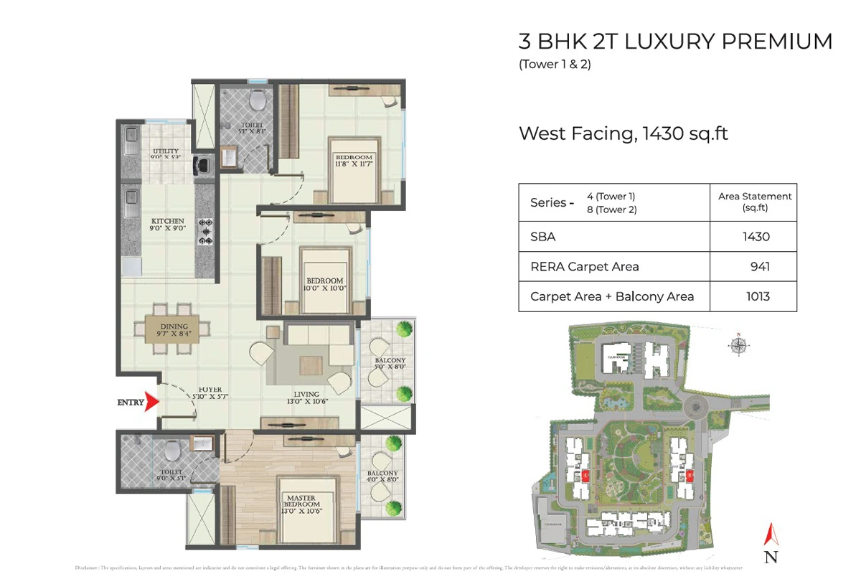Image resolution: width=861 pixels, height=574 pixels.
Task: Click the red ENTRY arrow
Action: point(151,403)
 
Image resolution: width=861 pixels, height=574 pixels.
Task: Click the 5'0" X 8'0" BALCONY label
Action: point(390,364)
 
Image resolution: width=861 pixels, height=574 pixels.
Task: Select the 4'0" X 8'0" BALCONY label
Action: point(382,477)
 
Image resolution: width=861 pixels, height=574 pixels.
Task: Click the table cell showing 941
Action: point(760,267)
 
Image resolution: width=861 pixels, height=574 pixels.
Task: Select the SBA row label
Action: point(543,237)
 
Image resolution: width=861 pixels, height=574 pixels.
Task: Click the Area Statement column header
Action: point(755,202)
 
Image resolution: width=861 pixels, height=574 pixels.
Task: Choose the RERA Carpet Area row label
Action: point(584,267)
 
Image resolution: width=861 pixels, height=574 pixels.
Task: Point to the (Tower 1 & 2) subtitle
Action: point(555,65)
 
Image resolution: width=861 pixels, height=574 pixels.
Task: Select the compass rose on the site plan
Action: point(738,346)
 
